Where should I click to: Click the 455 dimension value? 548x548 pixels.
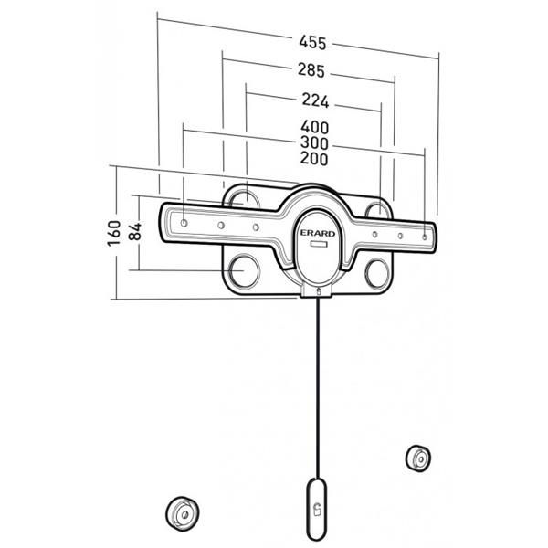(312, 42)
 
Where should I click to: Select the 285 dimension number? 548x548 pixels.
(312, 70)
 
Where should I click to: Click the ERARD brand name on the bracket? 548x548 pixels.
(315, 233)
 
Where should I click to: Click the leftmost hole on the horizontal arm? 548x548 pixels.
(185, 221)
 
